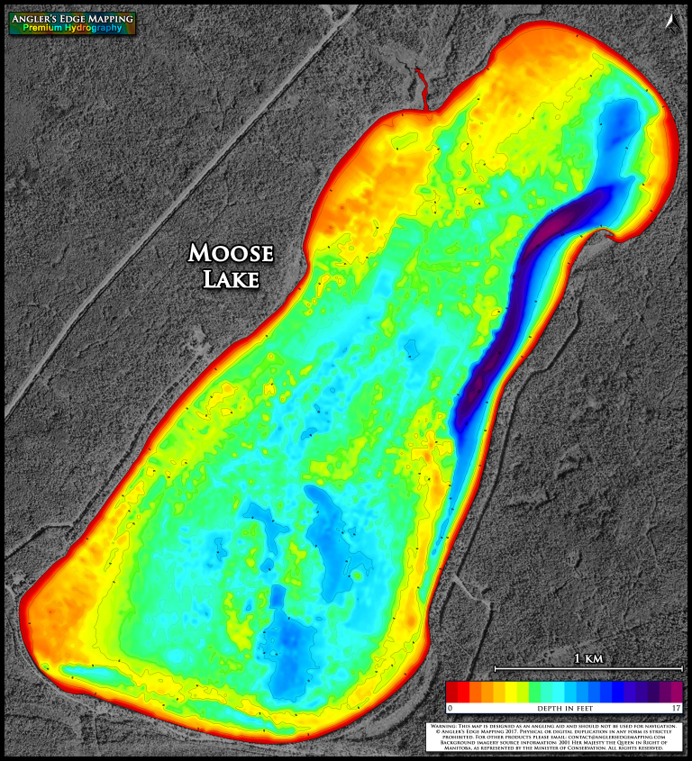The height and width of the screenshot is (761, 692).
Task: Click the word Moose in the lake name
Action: coord(231,253)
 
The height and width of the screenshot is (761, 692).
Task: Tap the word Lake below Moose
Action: coord(231,279)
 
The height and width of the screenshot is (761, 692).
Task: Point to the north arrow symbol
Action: coord(671,21)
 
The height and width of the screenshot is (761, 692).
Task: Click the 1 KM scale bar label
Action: coord(588,659)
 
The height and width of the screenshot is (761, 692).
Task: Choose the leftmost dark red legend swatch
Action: coord(452,692)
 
